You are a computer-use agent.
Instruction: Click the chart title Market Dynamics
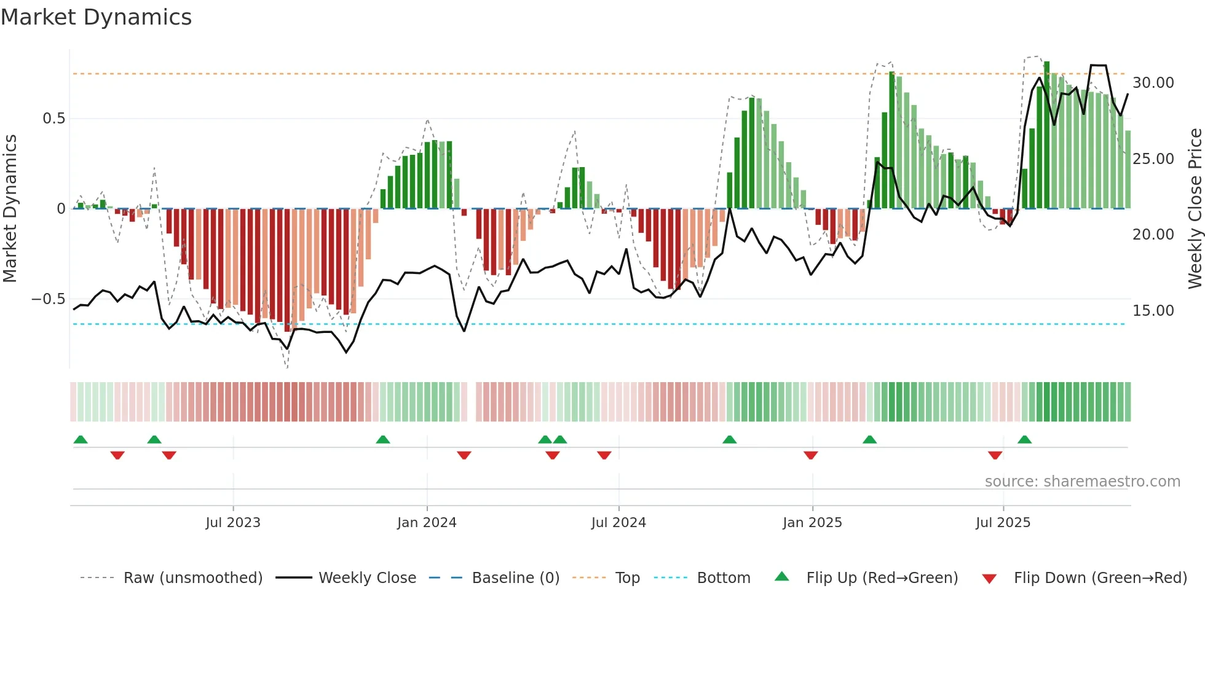[x=96, y=17]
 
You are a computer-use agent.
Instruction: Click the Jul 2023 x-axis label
[x=233, y=523]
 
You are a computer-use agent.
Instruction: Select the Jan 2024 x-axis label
[x=427, y=523]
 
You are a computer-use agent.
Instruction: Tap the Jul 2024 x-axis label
[x=618, y=523]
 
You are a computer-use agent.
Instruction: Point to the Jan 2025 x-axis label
[x=812, y=523]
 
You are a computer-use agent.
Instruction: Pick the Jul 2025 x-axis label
[x=1003, y=523]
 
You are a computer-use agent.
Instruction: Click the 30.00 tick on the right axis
[x=1153, y=83]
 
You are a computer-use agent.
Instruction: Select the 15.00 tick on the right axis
[x=1153, y=311]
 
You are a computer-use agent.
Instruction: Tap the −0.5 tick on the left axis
[x=49, y=299]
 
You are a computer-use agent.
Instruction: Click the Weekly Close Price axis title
[x=1195, y=209]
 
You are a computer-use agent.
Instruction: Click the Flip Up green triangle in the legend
[x=781, y=576]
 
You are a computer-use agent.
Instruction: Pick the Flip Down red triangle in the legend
[x=989, y=579]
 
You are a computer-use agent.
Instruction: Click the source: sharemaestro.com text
[x=1082, y=482]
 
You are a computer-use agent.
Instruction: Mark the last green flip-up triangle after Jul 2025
[x=1024, y=440]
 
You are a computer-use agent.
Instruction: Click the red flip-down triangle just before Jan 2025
[x=810, y=455]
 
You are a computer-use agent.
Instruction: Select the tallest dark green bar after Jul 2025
[x=1046, y=135]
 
